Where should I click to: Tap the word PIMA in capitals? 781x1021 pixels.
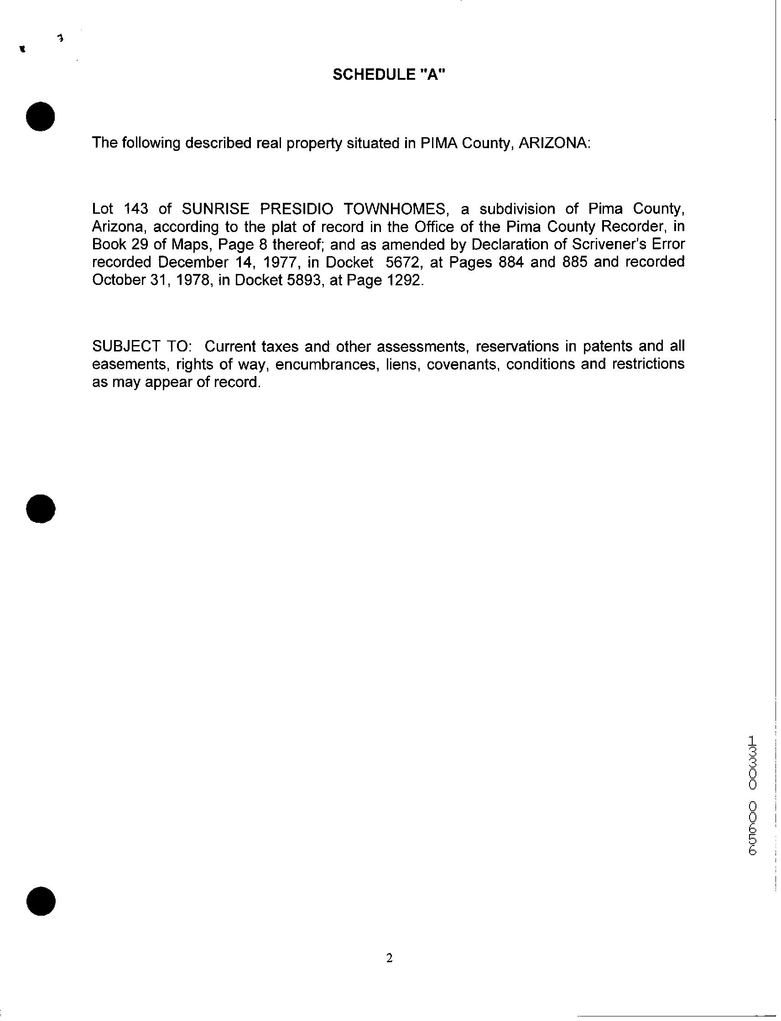coord(437,143)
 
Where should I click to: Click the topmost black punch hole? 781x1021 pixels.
coord(41,116)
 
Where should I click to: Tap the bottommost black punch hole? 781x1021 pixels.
coord(41,901)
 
